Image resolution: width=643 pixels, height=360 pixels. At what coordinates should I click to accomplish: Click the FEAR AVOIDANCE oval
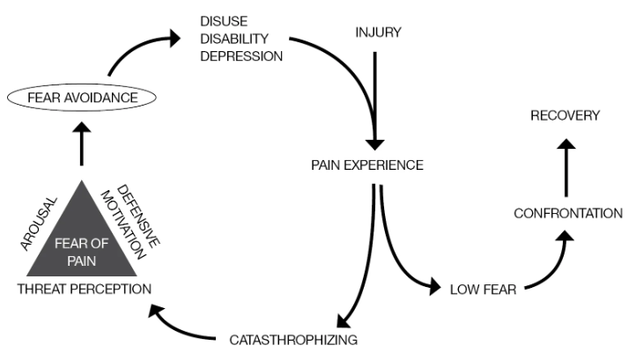[82, 98]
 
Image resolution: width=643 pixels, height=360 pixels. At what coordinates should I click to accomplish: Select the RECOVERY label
[565, 115]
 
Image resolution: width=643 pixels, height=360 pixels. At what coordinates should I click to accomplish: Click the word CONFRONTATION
[568, 213]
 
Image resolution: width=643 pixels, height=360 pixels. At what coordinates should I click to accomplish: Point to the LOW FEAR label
[482, 288]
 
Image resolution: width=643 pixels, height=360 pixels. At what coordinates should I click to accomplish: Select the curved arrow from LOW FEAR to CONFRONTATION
[551, 264]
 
